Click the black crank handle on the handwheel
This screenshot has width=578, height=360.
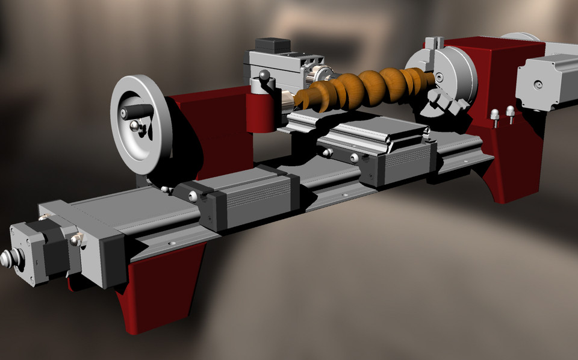click(136, 112)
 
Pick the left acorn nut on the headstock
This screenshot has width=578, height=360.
click(495, 114)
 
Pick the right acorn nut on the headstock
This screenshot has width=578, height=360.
click(510, 111)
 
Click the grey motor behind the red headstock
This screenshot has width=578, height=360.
click(545, 81)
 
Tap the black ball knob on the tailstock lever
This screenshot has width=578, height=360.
click(264, 75)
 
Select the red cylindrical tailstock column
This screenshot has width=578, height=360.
click(261, 111)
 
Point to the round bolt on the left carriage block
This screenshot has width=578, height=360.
click(193, 196)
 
